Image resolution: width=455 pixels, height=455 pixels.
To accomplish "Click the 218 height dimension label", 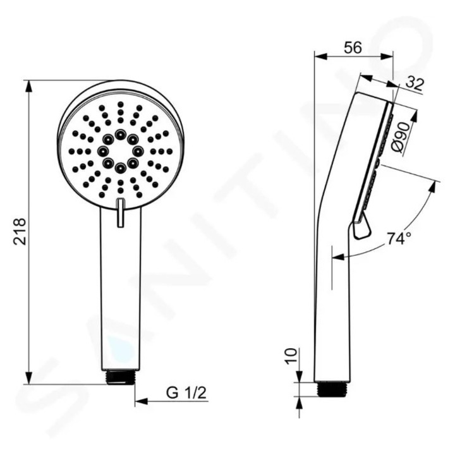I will point(18,232).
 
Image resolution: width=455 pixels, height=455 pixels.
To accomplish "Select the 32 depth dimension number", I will point(414,83).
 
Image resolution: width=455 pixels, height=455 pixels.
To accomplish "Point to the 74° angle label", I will point(399,239).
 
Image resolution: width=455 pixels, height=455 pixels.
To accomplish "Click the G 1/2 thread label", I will point(186,392).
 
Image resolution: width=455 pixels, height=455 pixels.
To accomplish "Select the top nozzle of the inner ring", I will point(120,135).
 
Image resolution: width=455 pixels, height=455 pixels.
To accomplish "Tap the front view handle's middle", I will point(120,291).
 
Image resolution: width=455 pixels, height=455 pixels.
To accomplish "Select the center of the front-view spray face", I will point(120,151).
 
